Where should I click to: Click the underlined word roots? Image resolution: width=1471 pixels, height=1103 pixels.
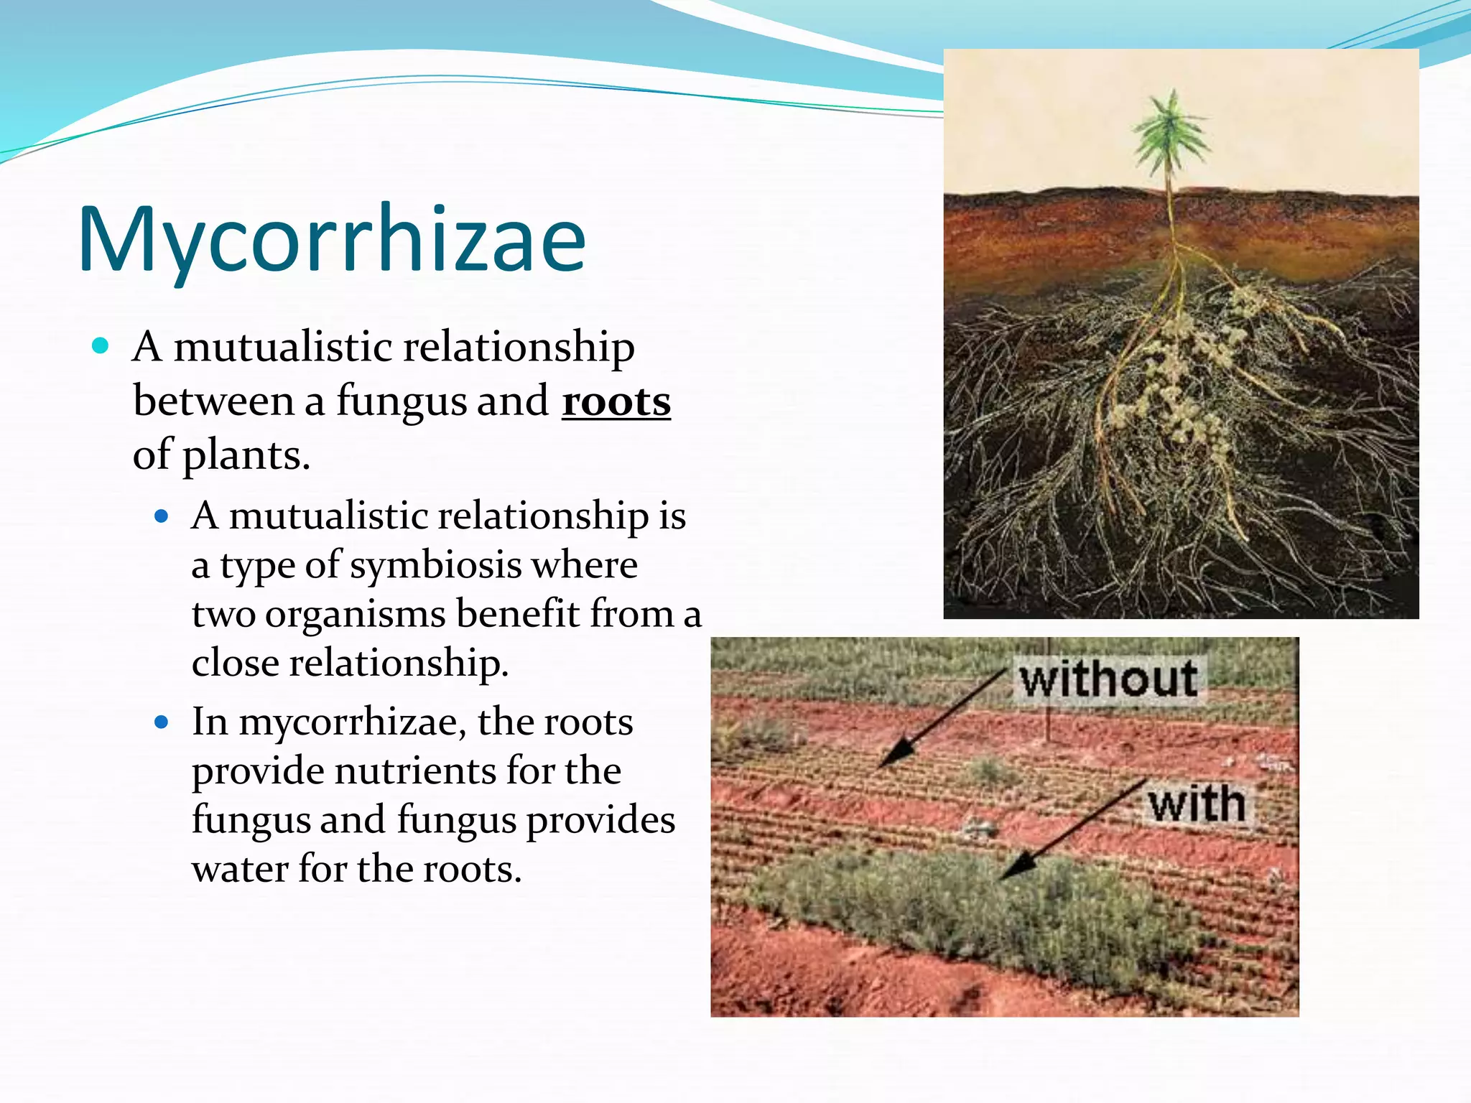click(616, 401)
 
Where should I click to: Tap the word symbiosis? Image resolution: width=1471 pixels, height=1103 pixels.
click(435, 564)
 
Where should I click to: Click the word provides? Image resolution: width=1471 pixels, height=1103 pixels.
click(600, 820)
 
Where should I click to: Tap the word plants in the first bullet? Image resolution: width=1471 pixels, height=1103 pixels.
click(246, 455)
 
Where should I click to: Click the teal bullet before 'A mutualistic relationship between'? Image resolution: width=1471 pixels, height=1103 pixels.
click(101, 346)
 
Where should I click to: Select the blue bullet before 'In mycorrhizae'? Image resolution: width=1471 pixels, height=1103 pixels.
click(162, 722)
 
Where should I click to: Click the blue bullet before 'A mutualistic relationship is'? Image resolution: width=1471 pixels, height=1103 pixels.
click(162, 516)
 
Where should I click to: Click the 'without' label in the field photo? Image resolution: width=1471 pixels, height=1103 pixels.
click(1108, 679)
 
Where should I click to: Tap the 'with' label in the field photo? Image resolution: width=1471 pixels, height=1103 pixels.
click(1196, 804)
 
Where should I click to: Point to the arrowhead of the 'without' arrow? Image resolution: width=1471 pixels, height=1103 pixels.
click(892, 755)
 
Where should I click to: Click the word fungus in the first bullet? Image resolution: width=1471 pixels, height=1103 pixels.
click(402, 401)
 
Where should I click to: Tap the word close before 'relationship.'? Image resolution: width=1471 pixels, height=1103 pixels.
click(235, 662)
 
